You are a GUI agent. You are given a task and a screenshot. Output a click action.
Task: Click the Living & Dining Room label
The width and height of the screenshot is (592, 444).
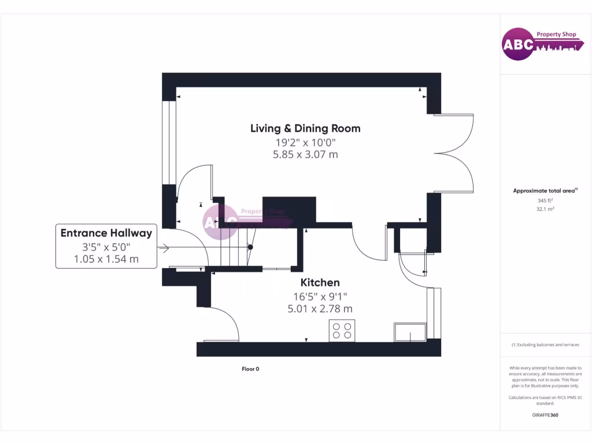tap(305, 128)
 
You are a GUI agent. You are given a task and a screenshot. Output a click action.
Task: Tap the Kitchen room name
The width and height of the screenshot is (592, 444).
tap(320, 283)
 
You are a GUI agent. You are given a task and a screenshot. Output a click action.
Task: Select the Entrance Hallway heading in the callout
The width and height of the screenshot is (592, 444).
tap(106, 233)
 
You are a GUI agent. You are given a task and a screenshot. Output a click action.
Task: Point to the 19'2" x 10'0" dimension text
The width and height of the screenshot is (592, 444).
tap(305, 142)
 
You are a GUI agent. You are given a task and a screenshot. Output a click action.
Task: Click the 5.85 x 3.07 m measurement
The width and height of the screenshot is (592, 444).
tap(305, 154)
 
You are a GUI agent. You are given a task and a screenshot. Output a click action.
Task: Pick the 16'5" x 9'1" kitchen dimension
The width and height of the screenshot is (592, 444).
tap(320, 297)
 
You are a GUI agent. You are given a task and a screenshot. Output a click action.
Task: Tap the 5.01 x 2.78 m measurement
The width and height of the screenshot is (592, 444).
tap(320, 309)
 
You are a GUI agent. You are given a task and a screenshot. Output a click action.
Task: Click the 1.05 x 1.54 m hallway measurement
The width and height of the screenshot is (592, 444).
tap(106, 259)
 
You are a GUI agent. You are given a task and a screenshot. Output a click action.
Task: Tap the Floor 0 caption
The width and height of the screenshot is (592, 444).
tap(250, 369)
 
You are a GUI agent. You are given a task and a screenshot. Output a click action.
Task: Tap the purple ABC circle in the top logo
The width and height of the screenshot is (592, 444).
tap(517, 45)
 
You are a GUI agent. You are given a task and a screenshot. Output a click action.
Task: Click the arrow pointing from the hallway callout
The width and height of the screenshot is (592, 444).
tap(163, 249)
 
